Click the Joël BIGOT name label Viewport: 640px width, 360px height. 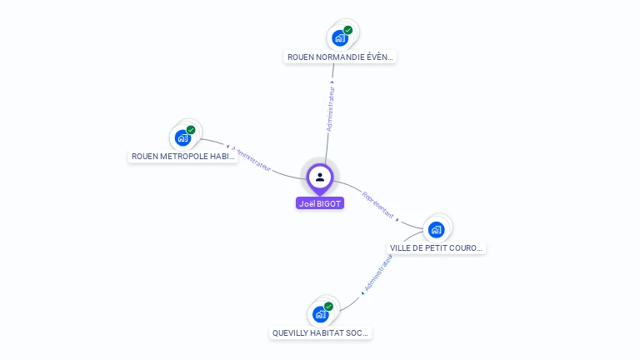point(320,203)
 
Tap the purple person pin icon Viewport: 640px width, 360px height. point(320,177)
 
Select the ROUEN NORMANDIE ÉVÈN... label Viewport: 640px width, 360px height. point(340,57)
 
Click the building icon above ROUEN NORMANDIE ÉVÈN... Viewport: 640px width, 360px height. point(339,38)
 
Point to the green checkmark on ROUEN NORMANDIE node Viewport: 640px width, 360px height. point(348,30)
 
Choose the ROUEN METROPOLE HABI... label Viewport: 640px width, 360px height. point(183,157)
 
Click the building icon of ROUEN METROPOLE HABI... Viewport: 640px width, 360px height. point(182,138)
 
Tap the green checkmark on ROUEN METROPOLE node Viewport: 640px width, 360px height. point(191,130)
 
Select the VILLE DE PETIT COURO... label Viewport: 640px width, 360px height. point(437,248)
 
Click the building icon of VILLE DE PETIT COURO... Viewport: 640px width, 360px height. point(436,230)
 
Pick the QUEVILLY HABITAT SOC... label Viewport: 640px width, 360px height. point(321,333)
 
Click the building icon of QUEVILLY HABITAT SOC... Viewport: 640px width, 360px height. point(319,315)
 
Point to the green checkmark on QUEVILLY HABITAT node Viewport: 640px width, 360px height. point(328,307)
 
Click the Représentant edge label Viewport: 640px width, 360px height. point(377,205)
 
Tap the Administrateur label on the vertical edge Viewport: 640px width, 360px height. point(331,107)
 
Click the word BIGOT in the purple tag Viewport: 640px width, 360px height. point(329,203)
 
